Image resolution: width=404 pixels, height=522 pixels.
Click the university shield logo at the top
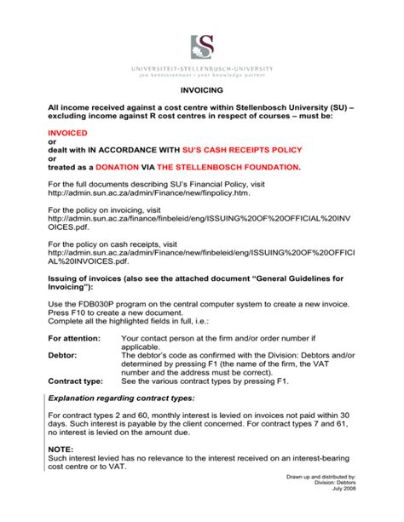(202, 46)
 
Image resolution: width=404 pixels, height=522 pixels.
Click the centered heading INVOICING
(202, 89)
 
